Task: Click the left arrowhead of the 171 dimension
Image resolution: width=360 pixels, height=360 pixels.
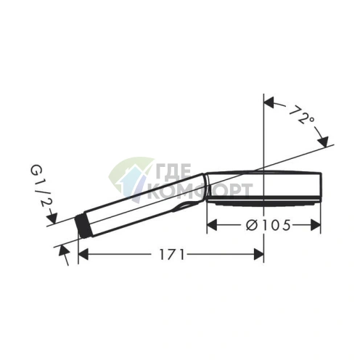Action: (83, 254)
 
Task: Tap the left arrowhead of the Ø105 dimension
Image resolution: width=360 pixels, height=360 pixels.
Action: (213, 226)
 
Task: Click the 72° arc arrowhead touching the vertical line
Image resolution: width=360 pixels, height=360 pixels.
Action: (270, 101)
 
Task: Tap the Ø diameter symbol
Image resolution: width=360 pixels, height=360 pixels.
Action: (250, 226)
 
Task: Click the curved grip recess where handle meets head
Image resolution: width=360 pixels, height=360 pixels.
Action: (190, 205)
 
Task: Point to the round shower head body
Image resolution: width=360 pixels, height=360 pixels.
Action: (265, 185)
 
